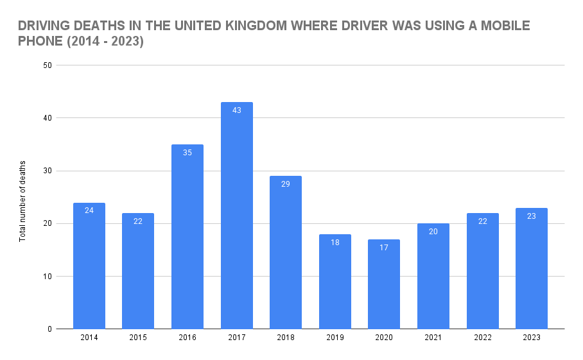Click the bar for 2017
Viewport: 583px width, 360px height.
[x=236, y=218]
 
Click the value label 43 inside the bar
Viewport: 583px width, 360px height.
[x=236, y=110]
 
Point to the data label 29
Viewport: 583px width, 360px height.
[x=286, y=184]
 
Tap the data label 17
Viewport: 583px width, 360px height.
[x=384, y=248]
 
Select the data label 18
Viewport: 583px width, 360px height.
[x=335, y=243]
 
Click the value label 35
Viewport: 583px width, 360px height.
[x=187, y=153]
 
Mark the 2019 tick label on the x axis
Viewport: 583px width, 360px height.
[x=335, y=338]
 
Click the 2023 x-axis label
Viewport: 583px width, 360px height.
[x=532, y=338]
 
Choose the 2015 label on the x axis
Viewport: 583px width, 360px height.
[x=138, y=338]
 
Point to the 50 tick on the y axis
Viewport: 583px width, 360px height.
[x=47, y=65]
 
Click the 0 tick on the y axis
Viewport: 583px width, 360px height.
[x=49, y=329]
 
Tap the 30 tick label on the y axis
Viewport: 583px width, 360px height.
[x=47, y=171]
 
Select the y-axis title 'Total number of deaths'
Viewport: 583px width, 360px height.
[x=22, y=201]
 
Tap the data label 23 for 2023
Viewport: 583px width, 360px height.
[x=532, y=216]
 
